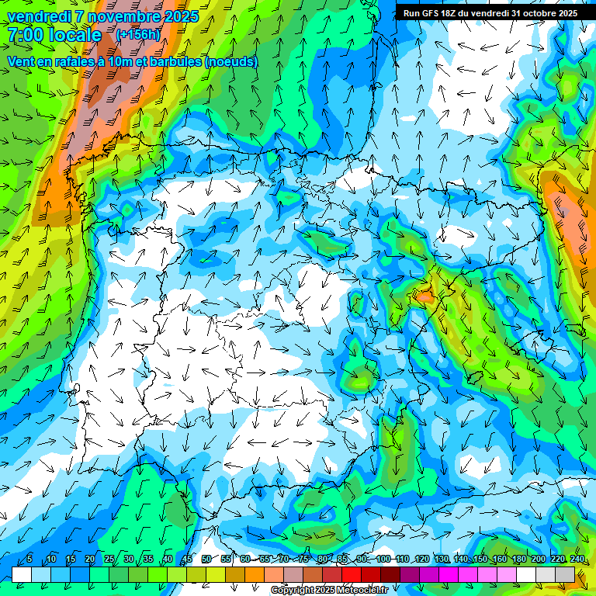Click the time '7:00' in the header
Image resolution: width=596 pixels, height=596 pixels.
[26, 35]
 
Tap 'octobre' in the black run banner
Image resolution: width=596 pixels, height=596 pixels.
[538, 13]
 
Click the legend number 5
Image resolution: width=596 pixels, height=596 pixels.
[29, 559]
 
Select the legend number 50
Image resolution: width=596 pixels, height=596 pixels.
[206, 559]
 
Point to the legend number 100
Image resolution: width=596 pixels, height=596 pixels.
[383, 559]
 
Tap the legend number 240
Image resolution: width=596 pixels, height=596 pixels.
[577, 559]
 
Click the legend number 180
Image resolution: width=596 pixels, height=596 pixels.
[518, 559]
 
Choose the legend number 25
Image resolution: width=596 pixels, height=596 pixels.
[109, 559]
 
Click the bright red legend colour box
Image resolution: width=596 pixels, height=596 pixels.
[352, 574]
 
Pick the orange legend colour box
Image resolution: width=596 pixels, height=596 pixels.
[255, 574]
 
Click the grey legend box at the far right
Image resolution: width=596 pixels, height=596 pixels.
[565, 574]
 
